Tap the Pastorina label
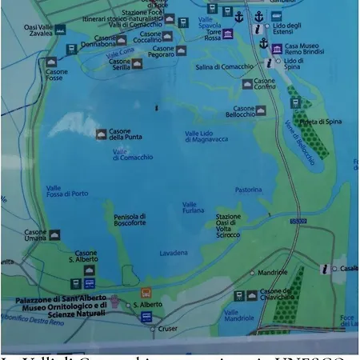pyautogui.click(x=249, y=190)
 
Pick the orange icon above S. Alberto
pyautogui.click(x=146, y=292)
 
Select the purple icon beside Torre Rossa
pyautogui.click(x=229, y=34)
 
